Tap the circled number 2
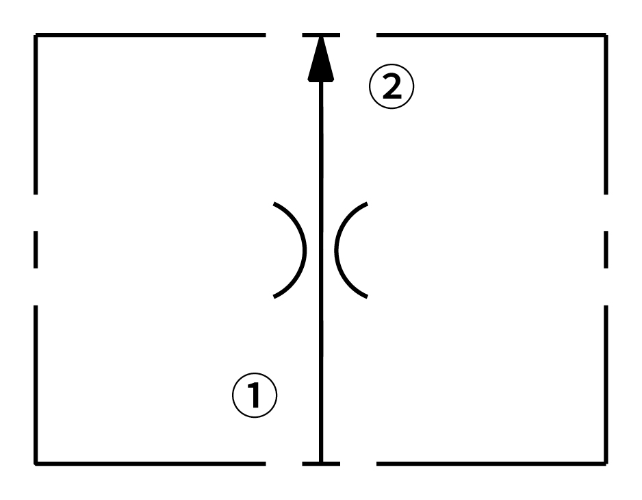coord(391,89)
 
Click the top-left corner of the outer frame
coord(36,35)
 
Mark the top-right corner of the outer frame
coord(606,35)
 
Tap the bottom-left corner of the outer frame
coord(36,463)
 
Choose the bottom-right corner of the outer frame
coord(606,463)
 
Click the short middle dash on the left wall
coord(36,249)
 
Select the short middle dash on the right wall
coord(606,249)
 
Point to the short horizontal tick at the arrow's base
coord(321,463)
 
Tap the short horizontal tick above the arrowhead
coord(320,35)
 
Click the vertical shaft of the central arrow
coord(320,342)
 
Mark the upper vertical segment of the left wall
coord(36,113)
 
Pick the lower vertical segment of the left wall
coord(36,384)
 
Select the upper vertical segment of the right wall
coord(606,113)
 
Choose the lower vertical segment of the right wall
coord(606,384)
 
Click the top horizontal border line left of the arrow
coord(151,35)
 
